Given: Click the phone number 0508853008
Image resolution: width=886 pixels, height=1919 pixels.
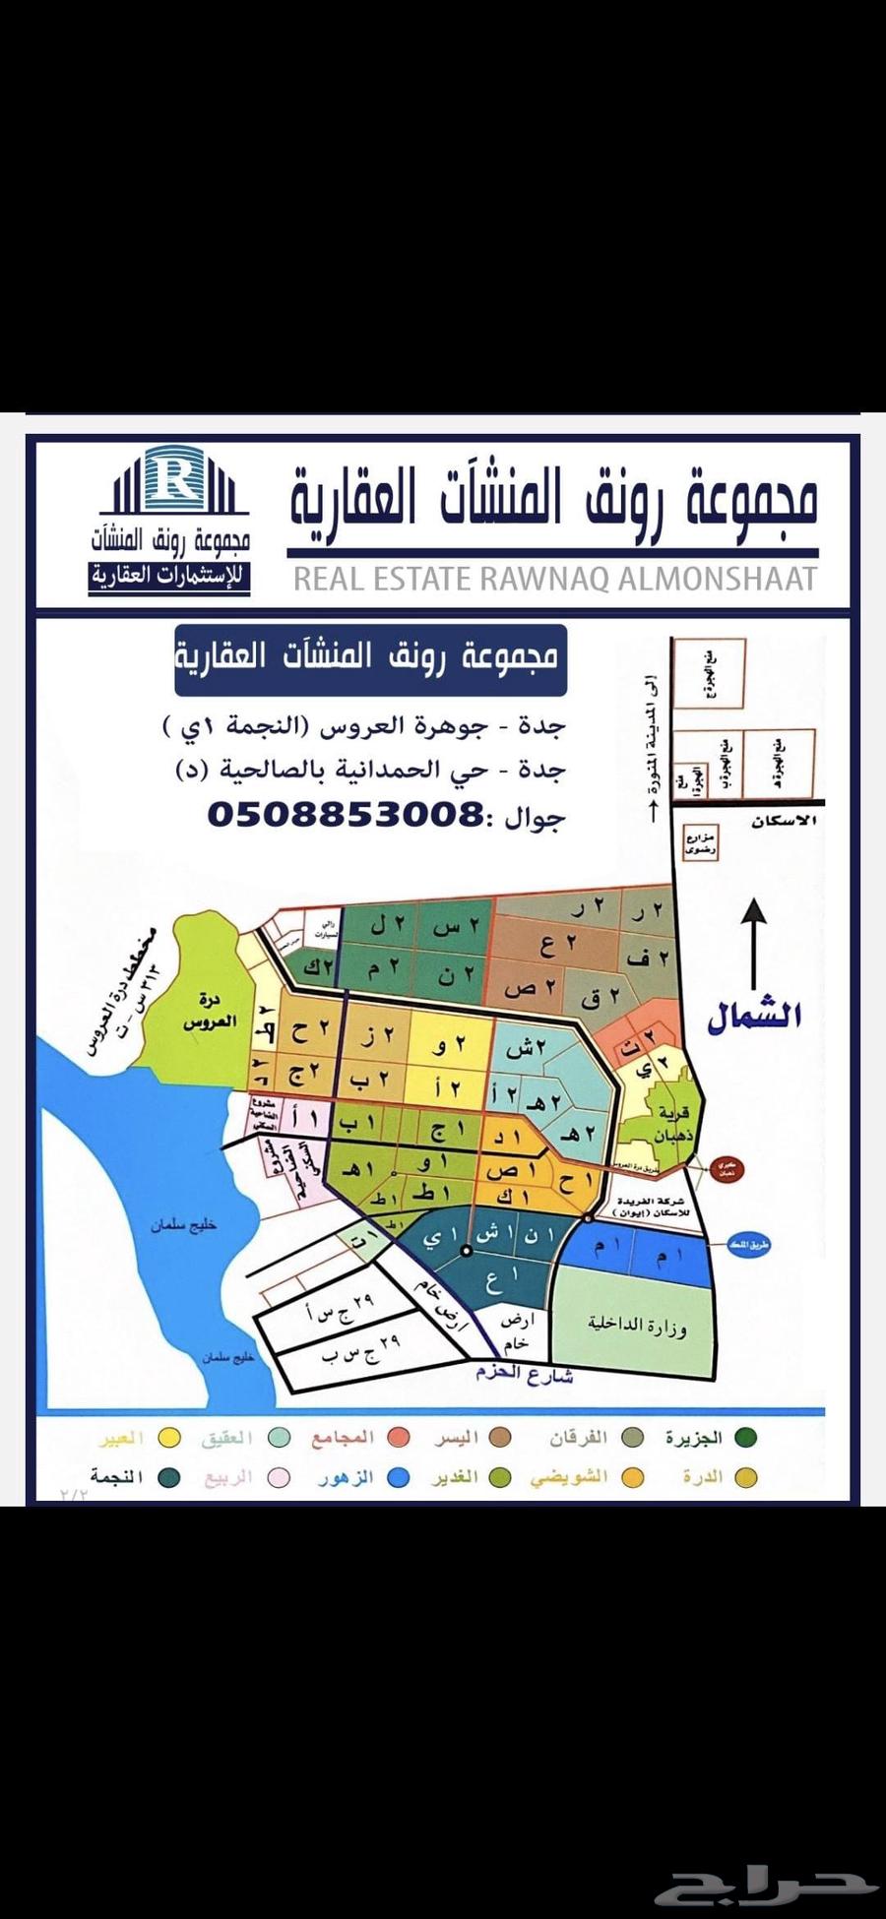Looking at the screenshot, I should coord(344,815).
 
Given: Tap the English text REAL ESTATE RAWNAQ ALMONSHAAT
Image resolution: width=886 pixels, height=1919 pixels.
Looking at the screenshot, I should coord(555,579).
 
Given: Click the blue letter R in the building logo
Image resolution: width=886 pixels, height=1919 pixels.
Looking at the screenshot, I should coord(179,479).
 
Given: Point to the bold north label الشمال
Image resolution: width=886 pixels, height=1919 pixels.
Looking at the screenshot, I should coord(754,1016).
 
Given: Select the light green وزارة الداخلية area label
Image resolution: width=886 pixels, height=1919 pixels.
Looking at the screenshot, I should coord(637,1325).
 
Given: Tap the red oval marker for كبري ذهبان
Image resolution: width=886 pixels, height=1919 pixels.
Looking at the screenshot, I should coord(727,1170).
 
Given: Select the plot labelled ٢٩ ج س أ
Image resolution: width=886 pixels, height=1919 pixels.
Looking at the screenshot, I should coord(340,1307).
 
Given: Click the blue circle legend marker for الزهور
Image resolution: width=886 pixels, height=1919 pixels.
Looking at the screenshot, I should coord(398,1478).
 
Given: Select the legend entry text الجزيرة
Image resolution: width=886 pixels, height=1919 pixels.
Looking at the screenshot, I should coord(693,1439).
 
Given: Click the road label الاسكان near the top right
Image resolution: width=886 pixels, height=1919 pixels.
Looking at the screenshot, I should coord(785,821).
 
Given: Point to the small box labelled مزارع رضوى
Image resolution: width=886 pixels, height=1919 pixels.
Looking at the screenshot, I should coord(701,843).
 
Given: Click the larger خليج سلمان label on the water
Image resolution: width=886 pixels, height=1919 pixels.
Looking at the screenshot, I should coord(184,1225).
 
